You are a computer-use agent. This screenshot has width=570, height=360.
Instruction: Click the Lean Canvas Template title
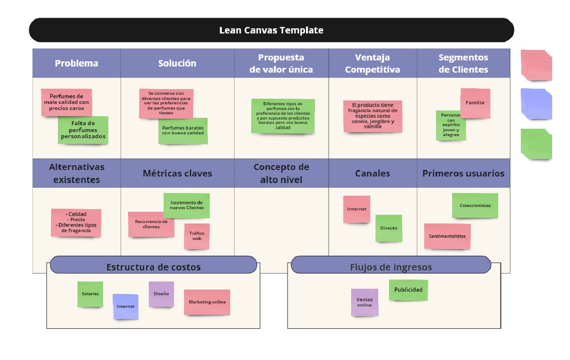271,30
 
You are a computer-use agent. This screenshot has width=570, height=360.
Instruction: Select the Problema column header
76,63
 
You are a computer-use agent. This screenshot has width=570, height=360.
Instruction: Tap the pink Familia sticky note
475,103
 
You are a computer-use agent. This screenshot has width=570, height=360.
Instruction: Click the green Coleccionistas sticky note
475,205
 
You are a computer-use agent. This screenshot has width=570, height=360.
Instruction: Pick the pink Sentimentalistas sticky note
447,236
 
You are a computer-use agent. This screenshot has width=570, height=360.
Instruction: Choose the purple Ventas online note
364,302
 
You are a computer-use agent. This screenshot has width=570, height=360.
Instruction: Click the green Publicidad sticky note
408,290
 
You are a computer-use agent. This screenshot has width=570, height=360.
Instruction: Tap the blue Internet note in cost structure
125,306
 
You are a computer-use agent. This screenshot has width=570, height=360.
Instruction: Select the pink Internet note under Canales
357,209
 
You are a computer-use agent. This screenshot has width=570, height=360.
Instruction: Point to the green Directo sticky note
389,228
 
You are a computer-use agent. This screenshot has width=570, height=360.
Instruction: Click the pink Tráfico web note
197,236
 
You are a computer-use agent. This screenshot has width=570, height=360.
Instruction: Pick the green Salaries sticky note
90,294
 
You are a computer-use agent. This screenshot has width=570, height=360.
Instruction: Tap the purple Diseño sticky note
161,294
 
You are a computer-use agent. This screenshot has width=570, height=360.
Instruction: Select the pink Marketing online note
207,302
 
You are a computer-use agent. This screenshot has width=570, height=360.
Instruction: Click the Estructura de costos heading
153,267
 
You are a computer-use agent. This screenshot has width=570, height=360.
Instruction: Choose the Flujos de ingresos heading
390,267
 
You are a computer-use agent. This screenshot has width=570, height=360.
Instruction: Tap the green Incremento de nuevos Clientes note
186,205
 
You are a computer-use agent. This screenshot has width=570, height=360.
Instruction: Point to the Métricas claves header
177,173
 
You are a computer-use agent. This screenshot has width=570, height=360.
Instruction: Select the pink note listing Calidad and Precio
76,222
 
